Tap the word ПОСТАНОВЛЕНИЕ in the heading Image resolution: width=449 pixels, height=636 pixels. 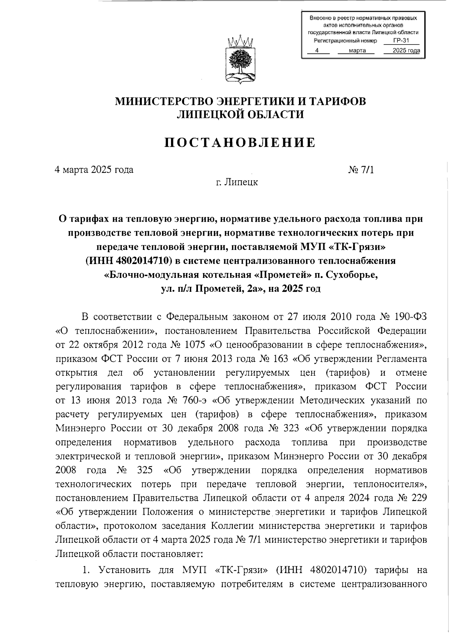click(x=240, y=143)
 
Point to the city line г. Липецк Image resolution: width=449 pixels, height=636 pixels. click(x=236, y=183)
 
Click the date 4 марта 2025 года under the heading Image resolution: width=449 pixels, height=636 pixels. click(x=94, y=170)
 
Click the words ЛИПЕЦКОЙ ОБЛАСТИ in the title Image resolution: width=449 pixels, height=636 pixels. click(x=240, y=115)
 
